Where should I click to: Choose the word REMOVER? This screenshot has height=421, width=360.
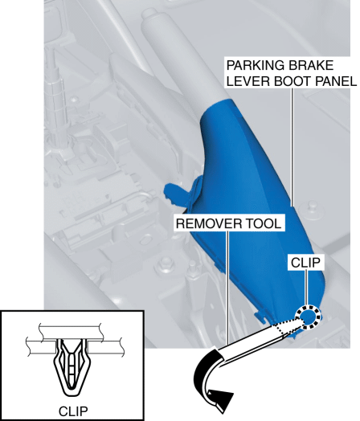click(x=210, y=223)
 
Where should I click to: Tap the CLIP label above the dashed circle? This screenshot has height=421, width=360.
click(x=306, y=263)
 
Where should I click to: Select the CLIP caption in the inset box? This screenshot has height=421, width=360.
click(x=73, y=411)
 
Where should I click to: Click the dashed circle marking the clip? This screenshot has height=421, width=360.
click(x=309, y=307)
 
